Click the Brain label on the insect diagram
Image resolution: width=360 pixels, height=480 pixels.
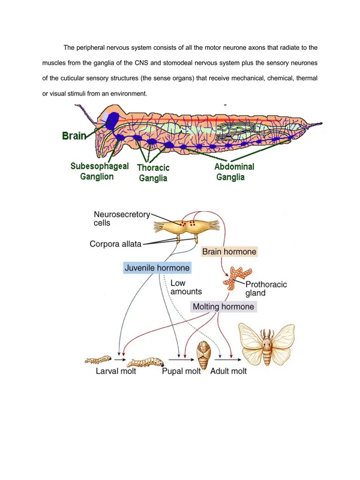coord(74,136)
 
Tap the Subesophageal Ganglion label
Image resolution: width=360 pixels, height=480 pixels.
coord(99,172)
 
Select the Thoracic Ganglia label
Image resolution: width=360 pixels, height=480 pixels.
coord(153,173)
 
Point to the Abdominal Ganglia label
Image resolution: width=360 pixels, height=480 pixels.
coord(234,172)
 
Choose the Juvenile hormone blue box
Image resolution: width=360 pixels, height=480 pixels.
coord(157,268)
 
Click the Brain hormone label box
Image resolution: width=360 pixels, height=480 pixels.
coord(229,251)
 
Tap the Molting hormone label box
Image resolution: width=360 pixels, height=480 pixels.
coord(223,307)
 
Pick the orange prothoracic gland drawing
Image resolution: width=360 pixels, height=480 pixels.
coord(237,278)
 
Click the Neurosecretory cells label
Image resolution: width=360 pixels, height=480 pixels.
coord(122,218)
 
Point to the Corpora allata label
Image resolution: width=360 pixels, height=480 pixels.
coord(115,244)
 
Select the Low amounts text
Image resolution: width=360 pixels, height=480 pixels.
coord(186,287)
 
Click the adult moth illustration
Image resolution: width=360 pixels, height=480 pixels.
coord(266,344)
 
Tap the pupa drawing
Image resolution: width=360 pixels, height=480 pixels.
coord(203,355)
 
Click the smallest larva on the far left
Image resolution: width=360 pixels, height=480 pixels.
coord(98,359)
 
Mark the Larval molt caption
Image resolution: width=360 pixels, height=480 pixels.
coord(116,371)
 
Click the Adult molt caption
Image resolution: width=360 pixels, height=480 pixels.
coord(229,371)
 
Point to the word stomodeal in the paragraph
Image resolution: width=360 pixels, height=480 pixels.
coord(178,63)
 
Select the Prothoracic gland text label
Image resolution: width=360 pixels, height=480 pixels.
coord(266,289)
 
